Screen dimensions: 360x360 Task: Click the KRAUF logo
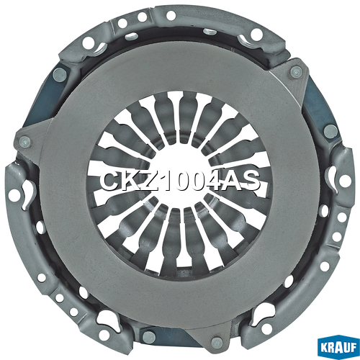(338, 348)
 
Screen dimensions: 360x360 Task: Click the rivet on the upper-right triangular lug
(296, 71)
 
